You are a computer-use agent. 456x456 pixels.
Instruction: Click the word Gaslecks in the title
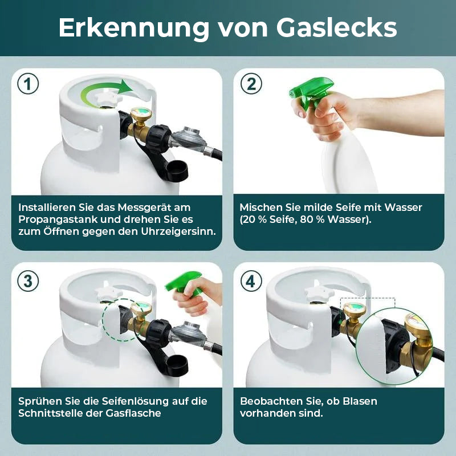click(x=336, y=27)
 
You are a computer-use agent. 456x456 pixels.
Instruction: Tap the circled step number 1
click(x=28, y=84)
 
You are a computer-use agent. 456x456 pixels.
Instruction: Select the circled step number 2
click(x=251, y=84)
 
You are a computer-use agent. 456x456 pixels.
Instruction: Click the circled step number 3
click(x=28, y=281)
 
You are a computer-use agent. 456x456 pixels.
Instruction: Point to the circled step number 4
click(x=251, y=281)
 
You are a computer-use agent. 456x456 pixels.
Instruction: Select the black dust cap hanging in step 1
click(x=177, y=171)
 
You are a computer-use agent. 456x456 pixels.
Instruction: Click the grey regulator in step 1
click(x=189, y=139)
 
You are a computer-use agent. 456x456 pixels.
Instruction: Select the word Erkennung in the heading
click(x=134, y=28)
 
